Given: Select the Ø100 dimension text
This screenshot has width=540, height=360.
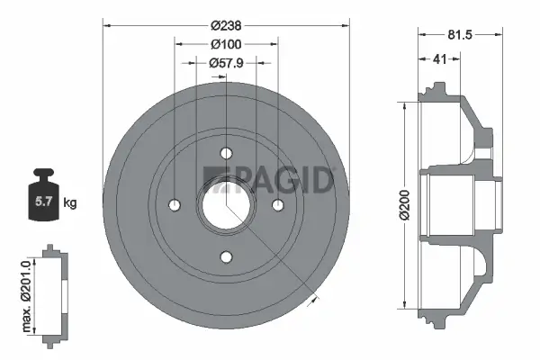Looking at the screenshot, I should click(x=225, y=44).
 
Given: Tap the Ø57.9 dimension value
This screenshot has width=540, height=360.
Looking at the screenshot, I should click(x=225, y=63).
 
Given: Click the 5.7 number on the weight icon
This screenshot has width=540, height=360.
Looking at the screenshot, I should click(x=42, y=202).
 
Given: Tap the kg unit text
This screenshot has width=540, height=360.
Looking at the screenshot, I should click(x=70, y=203).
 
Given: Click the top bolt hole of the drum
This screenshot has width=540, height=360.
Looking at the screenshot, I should click(x=225, y=152).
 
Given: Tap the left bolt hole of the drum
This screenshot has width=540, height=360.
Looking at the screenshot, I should click(x=173, y=205).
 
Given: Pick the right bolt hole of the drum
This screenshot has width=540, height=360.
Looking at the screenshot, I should click(x=278, y=205).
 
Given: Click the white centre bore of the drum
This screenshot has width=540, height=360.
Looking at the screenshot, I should click(x=225, y=205).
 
